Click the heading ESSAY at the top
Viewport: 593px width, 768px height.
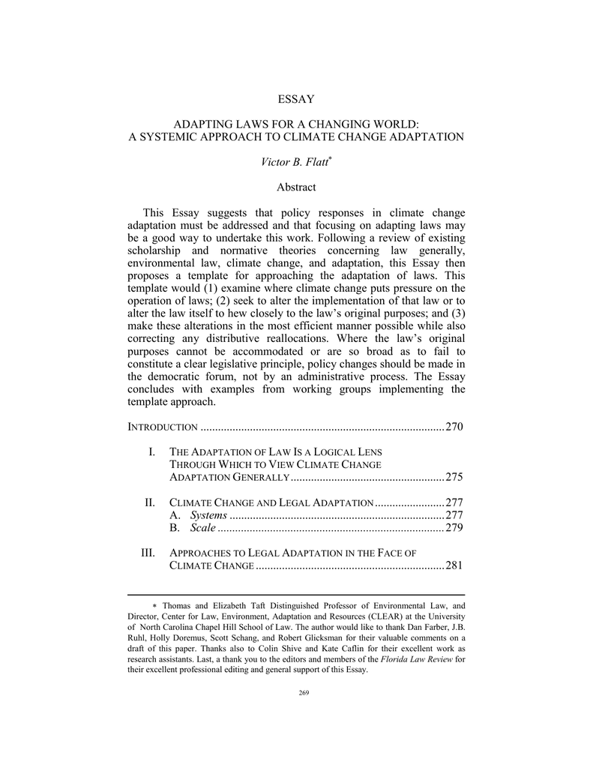tap(296, 98)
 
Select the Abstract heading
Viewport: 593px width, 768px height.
tap(296, 187)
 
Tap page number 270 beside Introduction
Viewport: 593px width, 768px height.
tap(454, 427)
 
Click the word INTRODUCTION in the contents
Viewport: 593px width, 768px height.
tap(163, 427)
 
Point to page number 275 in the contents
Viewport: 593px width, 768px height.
tap(454, 477)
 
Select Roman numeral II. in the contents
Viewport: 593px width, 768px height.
tap(149, 502)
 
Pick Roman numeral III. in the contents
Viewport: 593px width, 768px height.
tap(148, 553)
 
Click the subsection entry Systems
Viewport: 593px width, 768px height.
tap(208, 515)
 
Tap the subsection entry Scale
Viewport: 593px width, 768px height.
tap(203, 528)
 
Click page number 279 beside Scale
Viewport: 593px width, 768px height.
tap(454, 528)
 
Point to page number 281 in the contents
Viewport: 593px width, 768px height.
tap(454, 565)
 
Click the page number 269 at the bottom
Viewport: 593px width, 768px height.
tap(296, 692)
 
